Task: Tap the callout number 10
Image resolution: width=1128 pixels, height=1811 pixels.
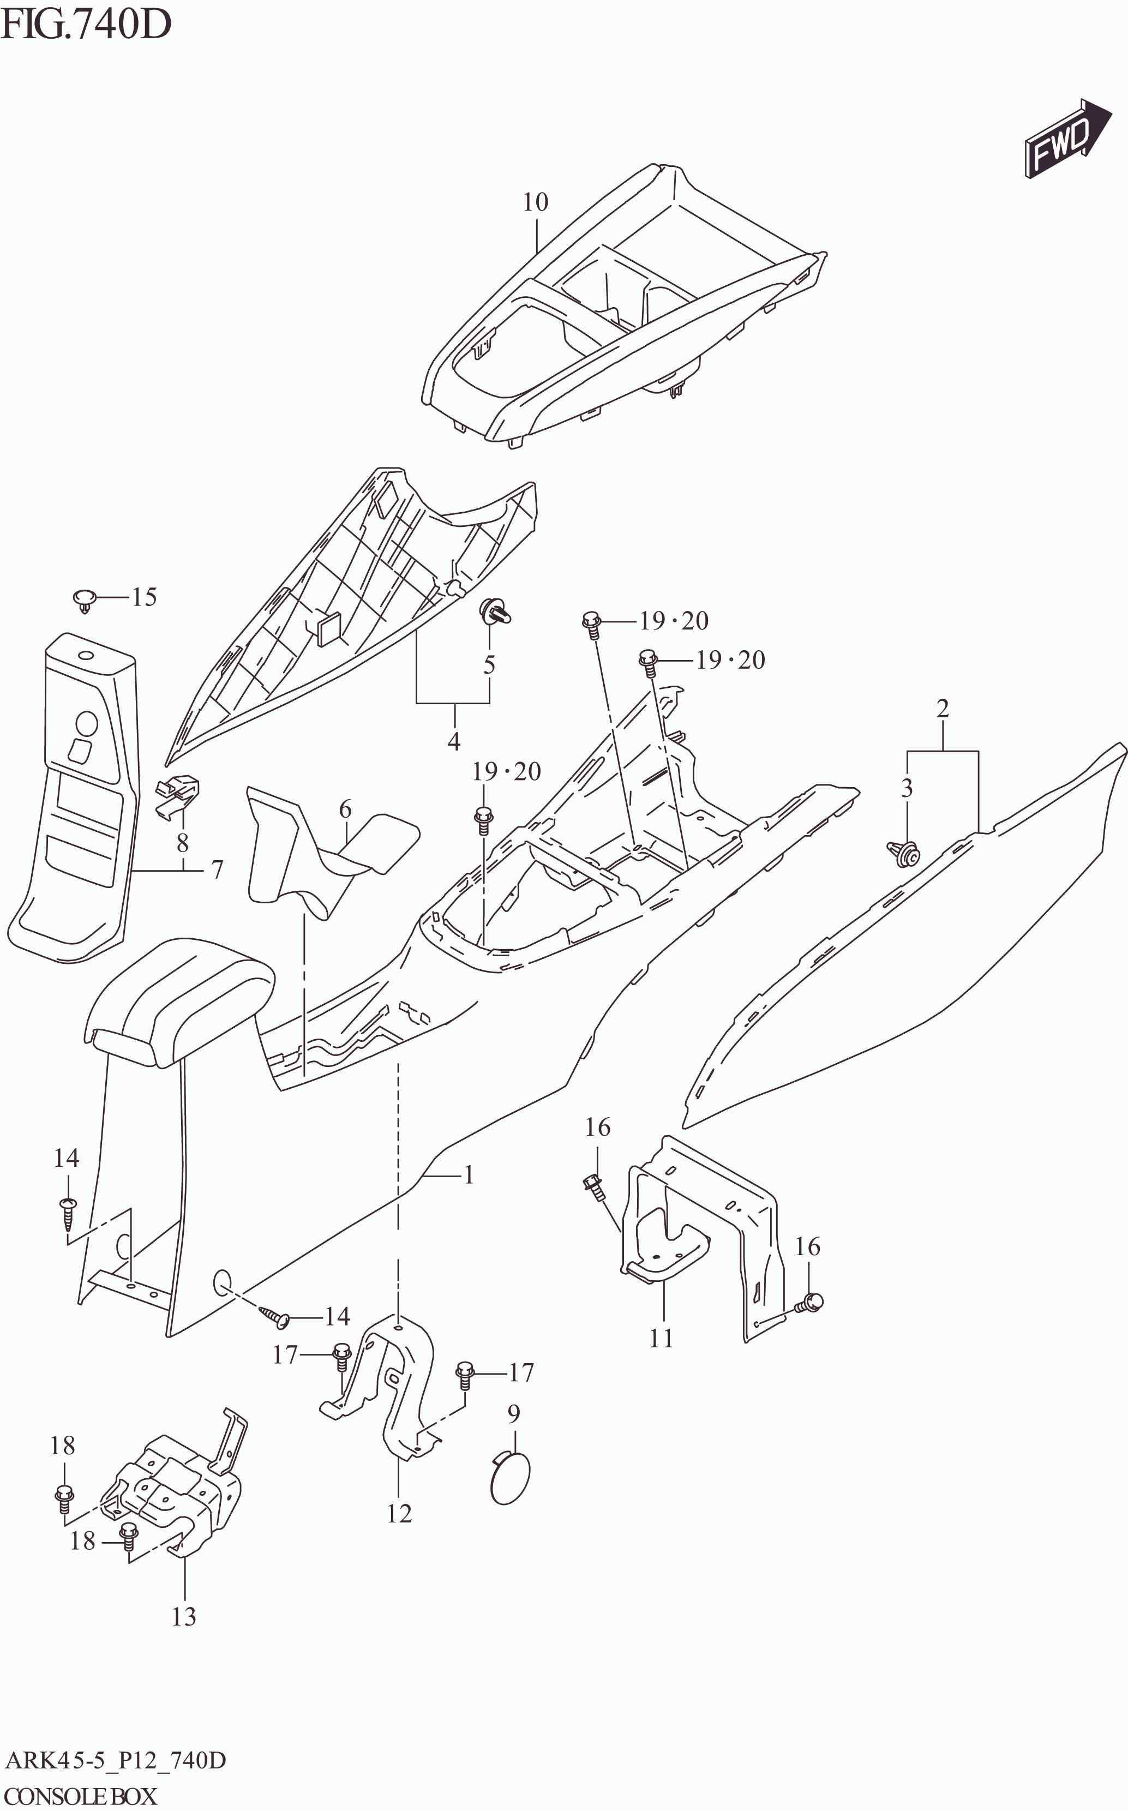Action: pos(535,202)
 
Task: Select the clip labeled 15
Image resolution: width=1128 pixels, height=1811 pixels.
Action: pos(86,599)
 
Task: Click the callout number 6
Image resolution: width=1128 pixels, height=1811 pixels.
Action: pos(345,809)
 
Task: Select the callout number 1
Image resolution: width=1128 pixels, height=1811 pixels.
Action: pos(469,1176)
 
